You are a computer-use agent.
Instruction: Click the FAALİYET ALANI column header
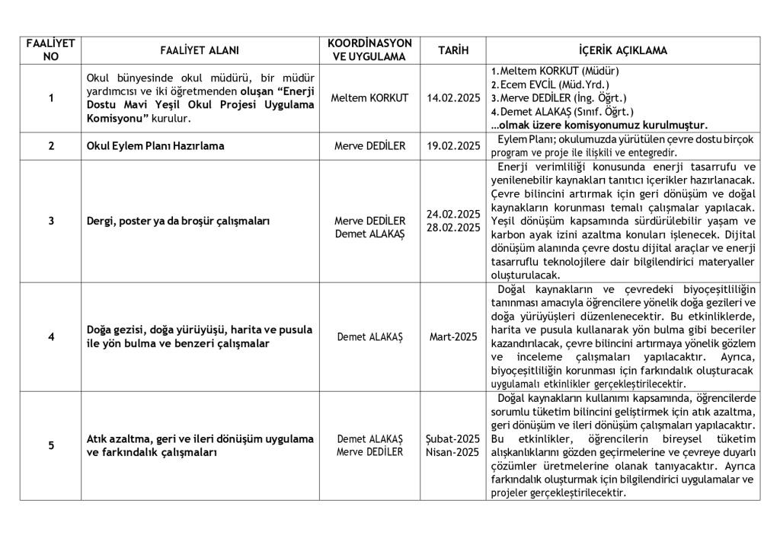click(200, 51)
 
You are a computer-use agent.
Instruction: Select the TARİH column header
click(452, 51)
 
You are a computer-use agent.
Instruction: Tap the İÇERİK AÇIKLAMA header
click(622, 51)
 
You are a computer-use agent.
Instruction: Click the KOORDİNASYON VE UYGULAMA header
click(369, 51)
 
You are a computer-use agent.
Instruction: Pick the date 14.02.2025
click(453, 98)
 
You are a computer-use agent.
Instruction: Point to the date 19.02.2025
click(453, 146)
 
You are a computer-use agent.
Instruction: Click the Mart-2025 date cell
click(453, 336)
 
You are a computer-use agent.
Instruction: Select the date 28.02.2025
click(453, 228)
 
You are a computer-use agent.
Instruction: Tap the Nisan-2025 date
click(453, 452)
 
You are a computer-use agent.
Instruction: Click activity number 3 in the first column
click(51, 221)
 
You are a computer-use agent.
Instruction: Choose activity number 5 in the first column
click(51, 446)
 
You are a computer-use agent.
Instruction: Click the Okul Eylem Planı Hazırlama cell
click(155, 146)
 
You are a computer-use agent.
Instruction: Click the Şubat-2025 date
click(453, 439)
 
